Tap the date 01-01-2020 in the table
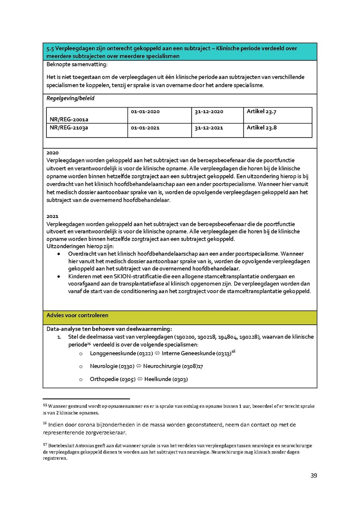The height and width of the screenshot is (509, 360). tap(145, 112)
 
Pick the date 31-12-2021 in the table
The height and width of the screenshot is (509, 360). tap(209, 128)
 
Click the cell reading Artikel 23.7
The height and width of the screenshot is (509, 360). tap(262, 112)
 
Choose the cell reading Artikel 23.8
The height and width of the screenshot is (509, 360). tap(262, 128)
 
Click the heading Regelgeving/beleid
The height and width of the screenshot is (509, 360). tap(70, 98)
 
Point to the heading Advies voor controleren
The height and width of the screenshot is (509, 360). tap(77, 315)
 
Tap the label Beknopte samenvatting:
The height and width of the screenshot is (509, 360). tap(77, 64)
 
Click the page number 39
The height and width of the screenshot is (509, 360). tap(314, 476)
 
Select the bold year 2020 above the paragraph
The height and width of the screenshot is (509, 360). tap(52, 153)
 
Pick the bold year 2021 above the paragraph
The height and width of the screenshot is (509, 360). tap(52, 216)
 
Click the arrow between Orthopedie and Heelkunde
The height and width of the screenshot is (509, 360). tap(140, 379)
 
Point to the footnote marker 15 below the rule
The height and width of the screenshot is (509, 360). tap(45, 405)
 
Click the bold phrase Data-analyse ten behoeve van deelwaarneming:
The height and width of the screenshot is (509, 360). tap(109, 329)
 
